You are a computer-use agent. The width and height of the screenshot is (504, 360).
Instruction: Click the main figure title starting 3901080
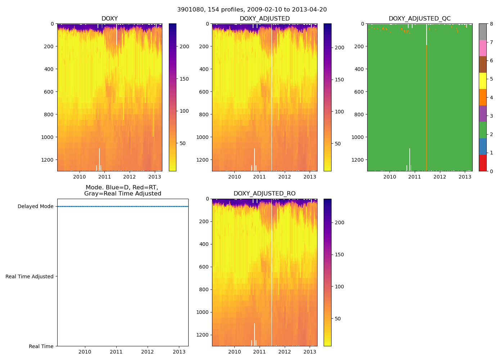coord(252,10)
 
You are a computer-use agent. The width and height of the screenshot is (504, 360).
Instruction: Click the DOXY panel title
coord(109,19)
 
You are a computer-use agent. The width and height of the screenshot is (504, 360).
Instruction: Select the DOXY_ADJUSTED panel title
coord(265,19)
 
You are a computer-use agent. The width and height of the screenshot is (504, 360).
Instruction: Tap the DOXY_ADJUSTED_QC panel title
coord(419,19)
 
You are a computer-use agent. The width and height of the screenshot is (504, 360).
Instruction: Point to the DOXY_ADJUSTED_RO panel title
coord(265,194)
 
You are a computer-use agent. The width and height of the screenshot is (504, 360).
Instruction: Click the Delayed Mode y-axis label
coord(35,207)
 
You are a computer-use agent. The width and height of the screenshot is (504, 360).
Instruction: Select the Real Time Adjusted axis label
coord(30,276)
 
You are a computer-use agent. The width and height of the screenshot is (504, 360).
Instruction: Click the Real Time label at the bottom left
coord(41,346)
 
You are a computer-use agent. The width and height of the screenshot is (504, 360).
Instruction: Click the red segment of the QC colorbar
coord(483,163)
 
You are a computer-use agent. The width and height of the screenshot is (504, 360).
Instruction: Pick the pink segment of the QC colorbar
coord(483,48)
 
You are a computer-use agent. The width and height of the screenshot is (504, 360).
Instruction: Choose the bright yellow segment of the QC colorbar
coord(483,81)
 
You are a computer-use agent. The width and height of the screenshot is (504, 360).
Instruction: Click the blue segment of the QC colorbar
coord(483,146)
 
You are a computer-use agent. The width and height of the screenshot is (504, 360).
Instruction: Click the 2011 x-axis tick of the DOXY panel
coord(104,177)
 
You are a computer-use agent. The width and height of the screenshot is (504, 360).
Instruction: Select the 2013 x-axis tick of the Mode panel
coord(179,352)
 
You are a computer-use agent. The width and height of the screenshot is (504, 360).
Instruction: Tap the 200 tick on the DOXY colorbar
coord(184,46)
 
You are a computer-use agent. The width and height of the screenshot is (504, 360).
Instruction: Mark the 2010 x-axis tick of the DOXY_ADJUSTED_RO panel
coord(235,352)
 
